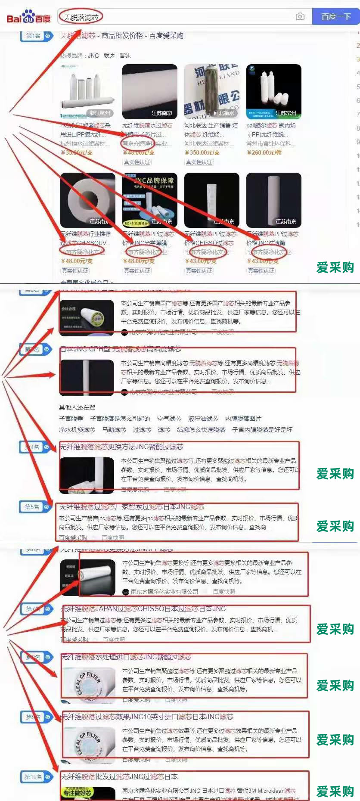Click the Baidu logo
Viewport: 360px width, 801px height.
point(28,17)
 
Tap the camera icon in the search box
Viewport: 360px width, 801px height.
point(300,16)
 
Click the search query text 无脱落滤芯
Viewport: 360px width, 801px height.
point(81,17)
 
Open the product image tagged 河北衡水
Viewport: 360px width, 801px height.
point(211,91)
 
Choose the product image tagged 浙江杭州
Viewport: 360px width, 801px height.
point(88,91)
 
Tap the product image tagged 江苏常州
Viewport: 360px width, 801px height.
point(273,91)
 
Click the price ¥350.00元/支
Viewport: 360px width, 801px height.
point(202,152)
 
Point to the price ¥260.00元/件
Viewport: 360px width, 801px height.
point(264,152)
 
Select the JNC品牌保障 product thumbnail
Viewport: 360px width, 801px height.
point(149,200)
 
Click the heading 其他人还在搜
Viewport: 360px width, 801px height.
point(77,407)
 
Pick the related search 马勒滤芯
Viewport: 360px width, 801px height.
point(114,430)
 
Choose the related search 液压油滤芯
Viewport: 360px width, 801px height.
point(203,419)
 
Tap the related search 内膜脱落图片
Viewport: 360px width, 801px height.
point(243,419)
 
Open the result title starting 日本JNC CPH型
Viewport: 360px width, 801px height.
point(121,349)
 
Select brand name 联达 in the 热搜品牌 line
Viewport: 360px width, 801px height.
point(109,56)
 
